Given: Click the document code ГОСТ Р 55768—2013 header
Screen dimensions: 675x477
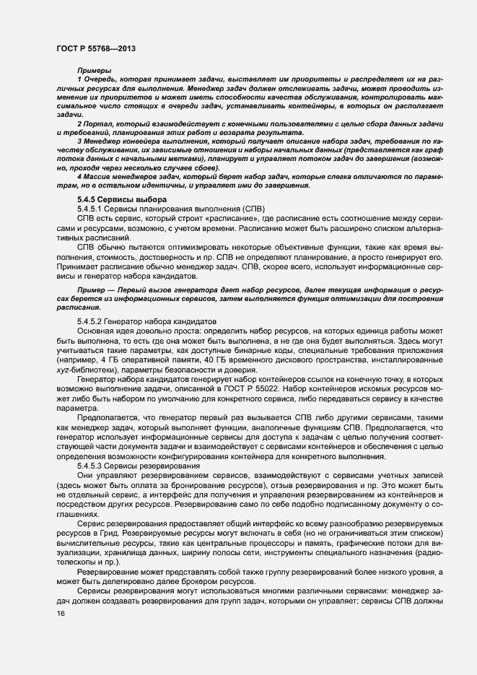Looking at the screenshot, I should coord(96,48).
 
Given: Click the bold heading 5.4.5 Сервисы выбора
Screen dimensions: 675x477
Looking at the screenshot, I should coord(121,199).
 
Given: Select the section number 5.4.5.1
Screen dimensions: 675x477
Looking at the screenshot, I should coord(93,209).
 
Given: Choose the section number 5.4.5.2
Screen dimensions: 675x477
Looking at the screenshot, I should coord(93,321).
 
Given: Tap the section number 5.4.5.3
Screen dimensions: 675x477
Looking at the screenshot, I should coord(93,466).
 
